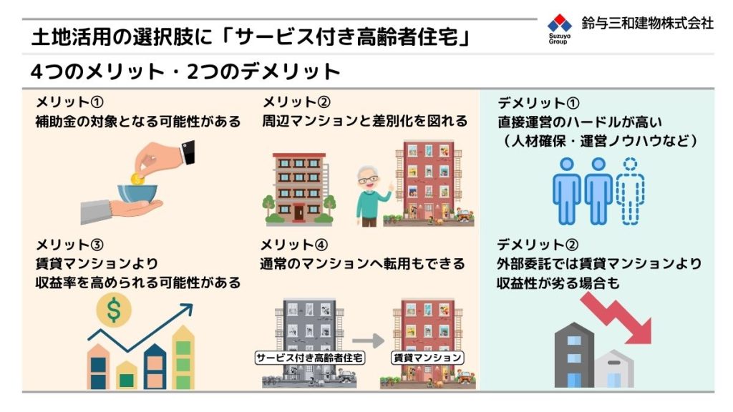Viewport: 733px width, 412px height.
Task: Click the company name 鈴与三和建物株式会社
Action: pos(647,23)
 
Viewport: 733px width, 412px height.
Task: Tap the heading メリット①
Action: pos(69,102)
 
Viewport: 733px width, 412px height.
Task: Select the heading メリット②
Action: pos(296,102)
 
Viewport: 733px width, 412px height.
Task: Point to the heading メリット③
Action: pos(69,245)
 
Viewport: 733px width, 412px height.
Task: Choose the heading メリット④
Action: pos(294,245)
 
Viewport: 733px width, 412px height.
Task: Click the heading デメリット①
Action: pos(538,103)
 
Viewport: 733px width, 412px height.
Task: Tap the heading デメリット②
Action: pos(538,245)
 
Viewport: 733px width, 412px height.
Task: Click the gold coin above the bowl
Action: pos(137,179)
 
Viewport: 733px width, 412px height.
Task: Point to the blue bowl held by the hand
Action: pos(137,194)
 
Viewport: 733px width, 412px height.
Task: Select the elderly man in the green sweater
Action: pos(372,196)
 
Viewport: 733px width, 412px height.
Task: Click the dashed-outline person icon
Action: pos(630,191)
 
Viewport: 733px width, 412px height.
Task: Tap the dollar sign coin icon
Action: pos(114,310)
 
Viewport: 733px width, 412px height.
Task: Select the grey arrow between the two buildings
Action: pos(368,341)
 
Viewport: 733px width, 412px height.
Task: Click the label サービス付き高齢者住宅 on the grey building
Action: pos(309,358)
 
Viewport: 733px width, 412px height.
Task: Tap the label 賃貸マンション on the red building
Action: pos(427,358)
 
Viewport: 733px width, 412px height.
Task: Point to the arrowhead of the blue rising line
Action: pos(187,308)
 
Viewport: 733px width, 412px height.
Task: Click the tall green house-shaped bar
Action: pos(183,358)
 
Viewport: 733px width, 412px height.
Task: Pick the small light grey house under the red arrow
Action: pos(614,368)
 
